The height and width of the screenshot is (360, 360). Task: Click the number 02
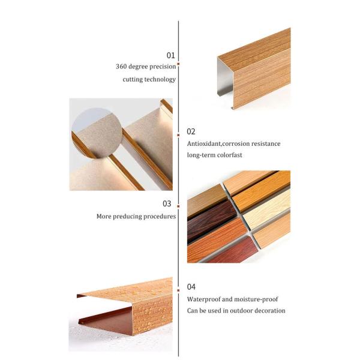(191, 131)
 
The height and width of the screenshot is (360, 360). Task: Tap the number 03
(167, 204)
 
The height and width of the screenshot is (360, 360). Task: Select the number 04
(191, 287)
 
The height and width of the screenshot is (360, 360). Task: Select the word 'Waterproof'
(205, 299)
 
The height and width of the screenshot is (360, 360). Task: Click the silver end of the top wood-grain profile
(225, 84)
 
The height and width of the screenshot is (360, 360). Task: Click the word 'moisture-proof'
(257, 299)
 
